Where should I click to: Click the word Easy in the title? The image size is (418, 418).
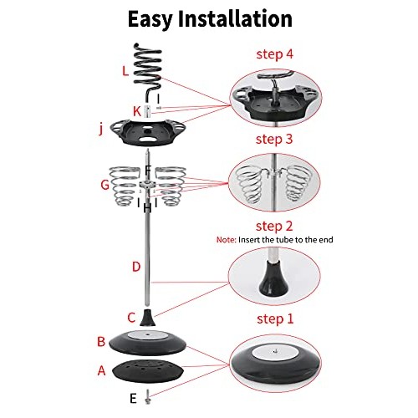tap(150, 19)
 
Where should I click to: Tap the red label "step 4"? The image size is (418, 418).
tap(275, 54)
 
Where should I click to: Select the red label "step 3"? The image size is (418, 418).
tap(274, 139)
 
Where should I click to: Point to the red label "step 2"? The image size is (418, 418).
tap(274, 226)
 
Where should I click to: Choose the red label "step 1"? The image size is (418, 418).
tap(275, 319)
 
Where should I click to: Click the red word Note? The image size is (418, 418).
tap(227, 240)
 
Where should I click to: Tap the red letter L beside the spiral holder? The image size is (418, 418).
tap(125, 71)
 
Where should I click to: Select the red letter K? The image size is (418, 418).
tap(137, 111)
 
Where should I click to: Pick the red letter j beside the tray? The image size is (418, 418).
tap(101, 130)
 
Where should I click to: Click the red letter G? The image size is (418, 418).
tap(104, 185)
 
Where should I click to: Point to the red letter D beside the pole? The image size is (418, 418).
tap(136, 267)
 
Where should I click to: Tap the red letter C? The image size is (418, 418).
tap(131, 318)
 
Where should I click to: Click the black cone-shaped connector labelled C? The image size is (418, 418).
tap(148, 318)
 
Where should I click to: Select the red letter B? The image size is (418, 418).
tap(101, 342)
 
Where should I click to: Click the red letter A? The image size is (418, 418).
tap(102, 370)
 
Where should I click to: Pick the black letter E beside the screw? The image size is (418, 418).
tap(133, 399)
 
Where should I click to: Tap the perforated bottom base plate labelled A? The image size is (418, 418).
tap(148, 371)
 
